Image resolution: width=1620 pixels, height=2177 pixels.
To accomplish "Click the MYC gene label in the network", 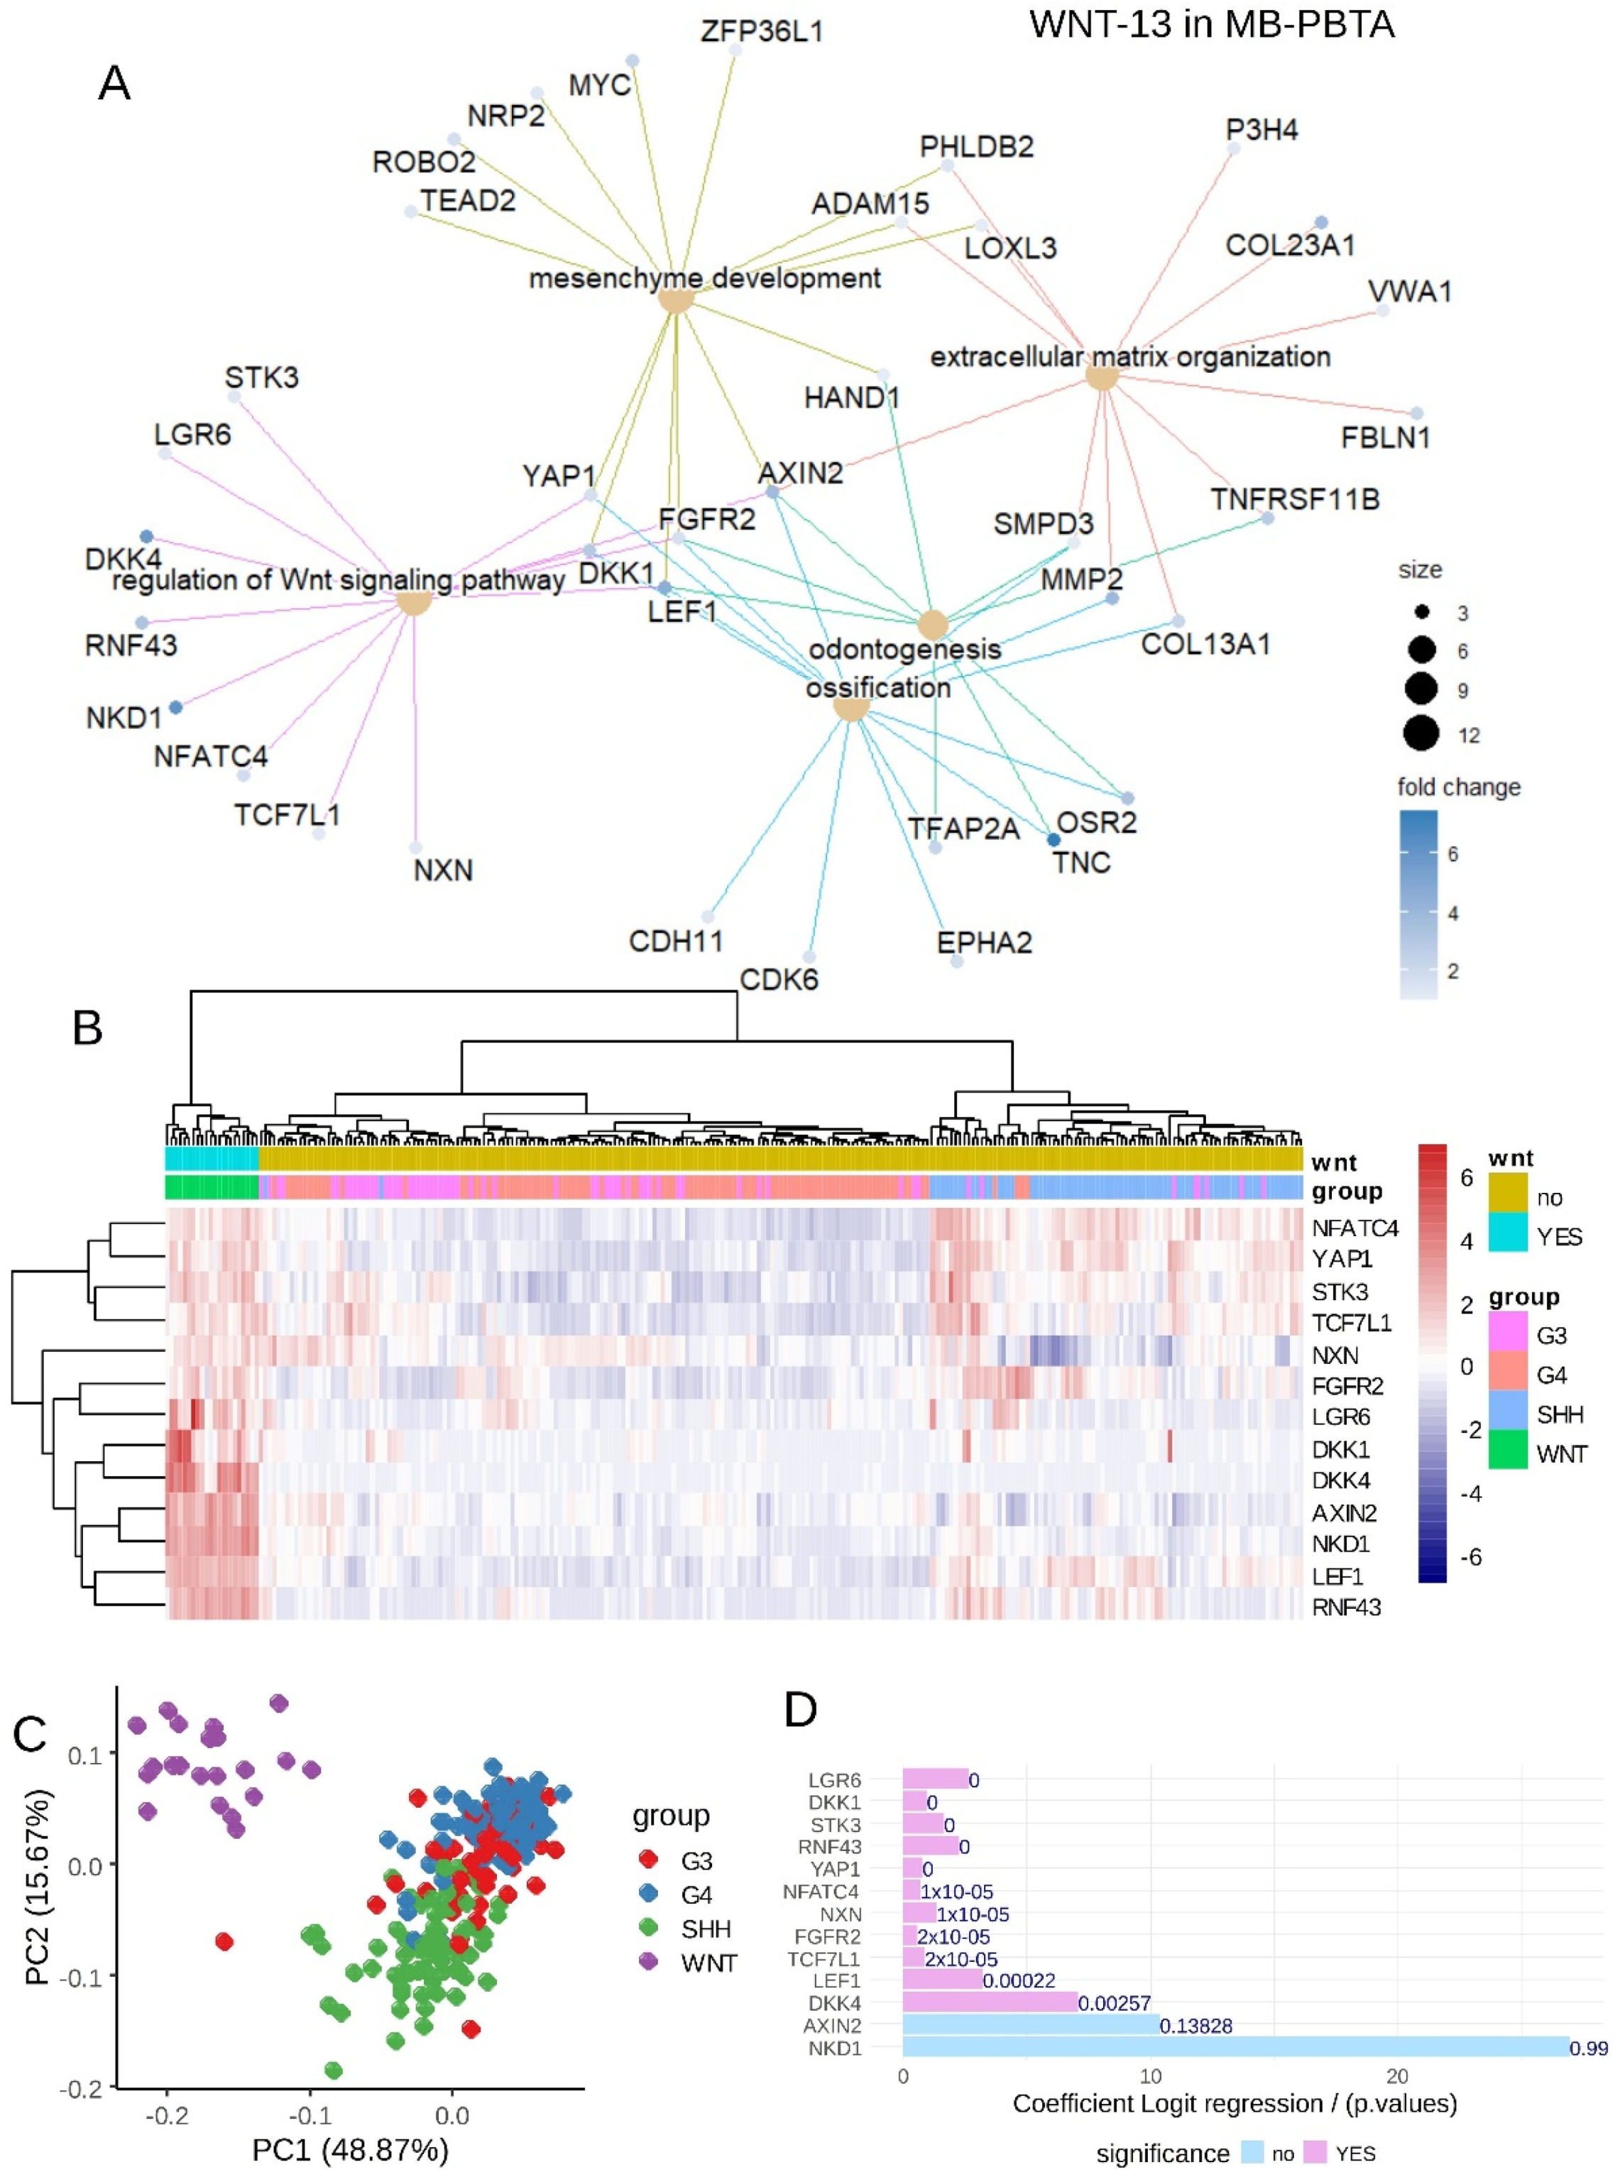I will pos(599,85).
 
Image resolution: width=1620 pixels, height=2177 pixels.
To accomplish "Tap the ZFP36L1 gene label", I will pos(761,33).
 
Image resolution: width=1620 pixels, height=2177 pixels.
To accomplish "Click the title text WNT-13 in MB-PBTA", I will pos(1211,23).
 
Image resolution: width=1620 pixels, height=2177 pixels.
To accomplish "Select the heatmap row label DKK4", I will pos(1340,1480).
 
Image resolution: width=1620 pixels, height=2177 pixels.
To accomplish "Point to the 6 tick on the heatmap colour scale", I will pos(1466,1179).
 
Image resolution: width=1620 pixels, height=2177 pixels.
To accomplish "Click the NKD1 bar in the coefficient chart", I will pos(1236,2048).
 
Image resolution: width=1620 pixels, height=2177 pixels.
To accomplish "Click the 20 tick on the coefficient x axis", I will pos(1396,2076).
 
